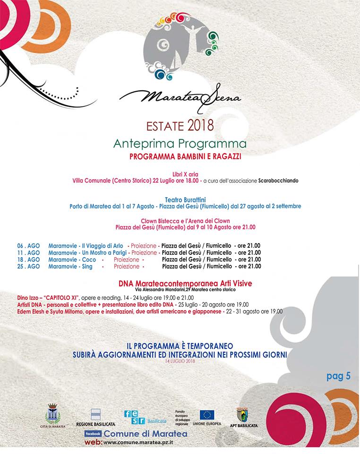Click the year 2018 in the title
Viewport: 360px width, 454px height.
(x=201, y=126)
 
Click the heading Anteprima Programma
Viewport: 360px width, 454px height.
(x=180, y=143)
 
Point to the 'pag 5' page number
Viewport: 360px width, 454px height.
(x=338, y=376)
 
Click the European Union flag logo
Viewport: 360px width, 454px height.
(x=207, y=415)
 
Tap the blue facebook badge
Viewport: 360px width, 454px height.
(x=93, y=433)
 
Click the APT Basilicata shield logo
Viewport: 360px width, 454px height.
(x=247, y=414)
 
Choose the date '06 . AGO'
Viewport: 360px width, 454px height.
(x=28, y=245)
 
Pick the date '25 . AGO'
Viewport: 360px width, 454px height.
(x=28, y=266)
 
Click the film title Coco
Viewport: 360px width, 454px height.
(x=89, y=260)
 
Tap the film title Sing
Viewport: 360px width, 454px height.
(x=89, y=266)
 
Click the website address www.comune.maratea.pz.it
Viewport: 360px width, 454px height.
(x=137, y=442)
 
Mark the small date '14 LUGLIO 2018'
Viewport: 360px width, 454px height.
(x=180, y=361)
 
